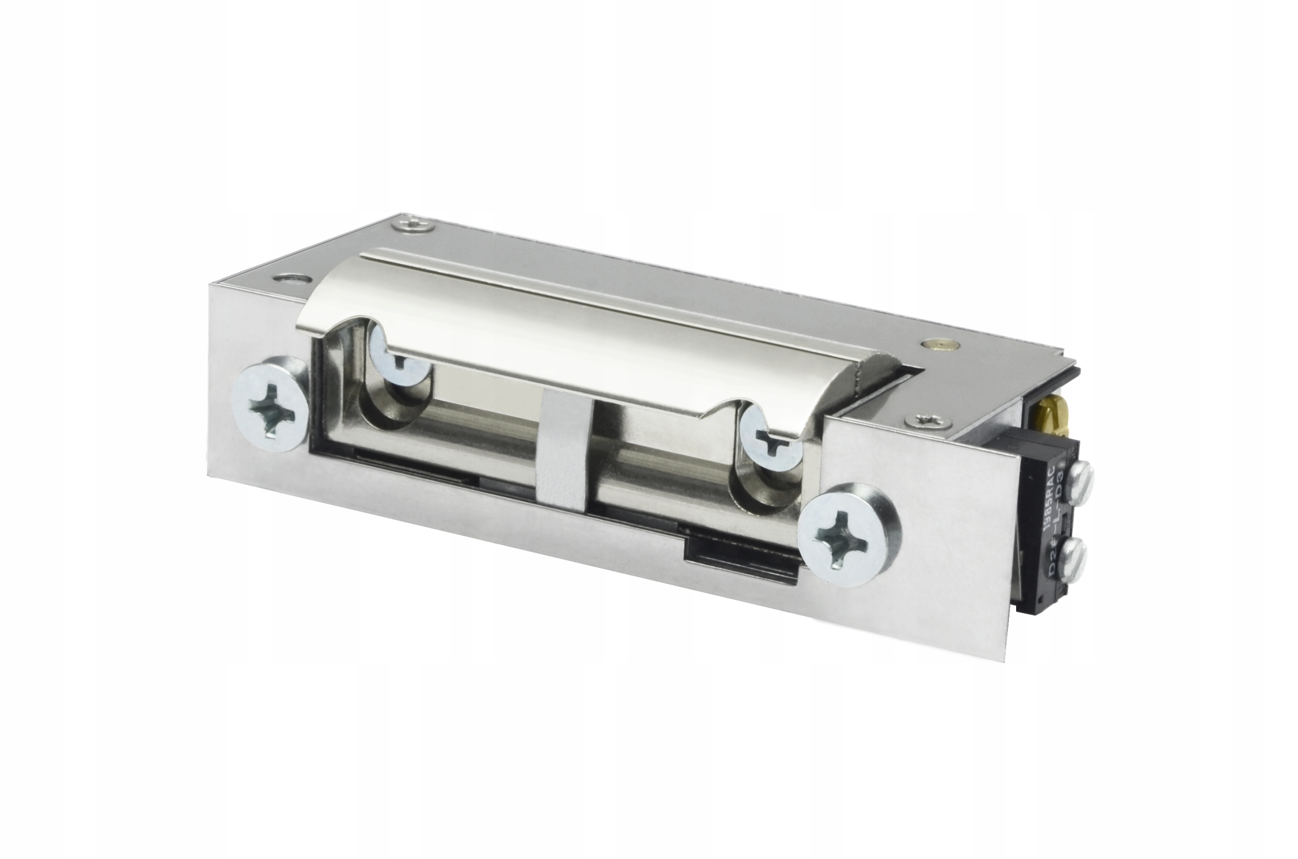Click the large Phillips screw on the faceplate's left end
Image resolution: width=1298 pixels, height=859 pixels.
coord(270,406)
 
